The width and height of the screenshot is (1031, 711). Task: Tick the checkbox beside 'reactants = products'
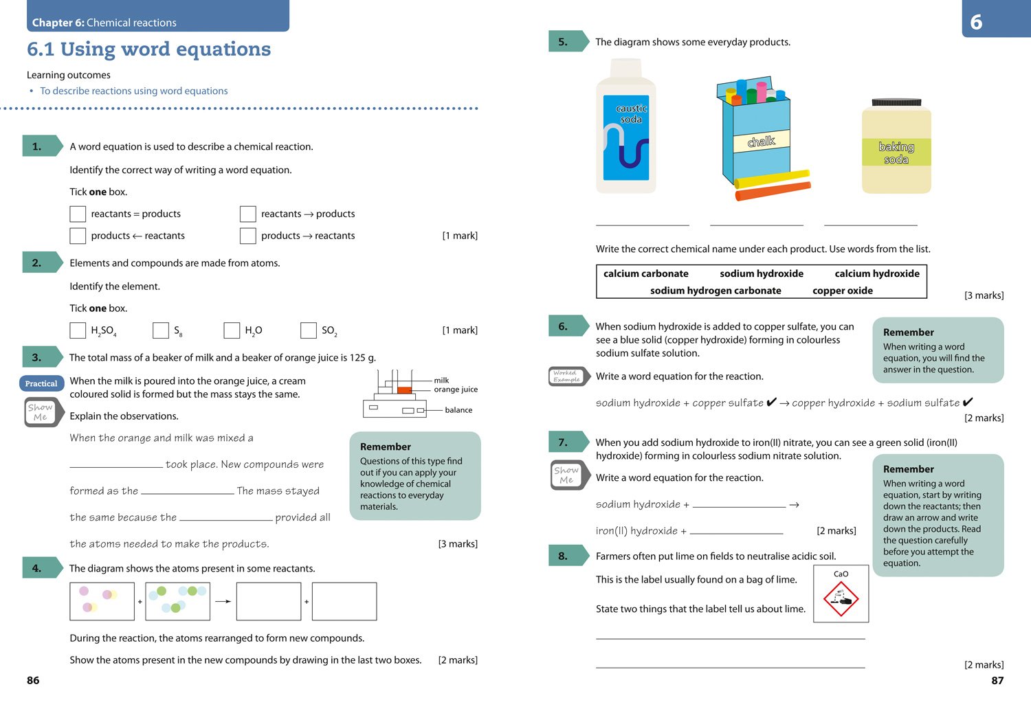(x=78, y=214)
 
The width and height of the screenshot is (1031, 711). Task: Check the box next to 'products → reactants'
(x=248, y=236)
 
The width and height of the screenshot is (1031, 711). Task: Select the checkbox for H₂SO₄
(x=78, y=330)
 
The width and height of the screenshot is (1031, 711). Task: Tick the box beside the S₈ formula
(x=161, y=330)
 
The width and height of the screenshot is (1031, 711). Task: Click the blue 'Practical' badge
(x=41, y=383)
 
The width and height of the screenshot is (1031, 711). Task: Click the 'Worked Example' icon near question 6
(x=567, y=376)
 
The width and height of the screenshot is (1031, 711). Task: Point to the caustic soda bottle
(x=626, y=127)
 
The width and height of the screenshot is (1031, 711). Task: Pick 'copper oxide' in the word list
(x=842, y=291)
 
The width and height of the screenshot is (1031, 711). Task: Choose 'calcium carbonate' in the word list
(x=645, y=273)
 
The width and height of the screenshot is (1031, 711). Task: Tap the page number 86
(x=33, y=680)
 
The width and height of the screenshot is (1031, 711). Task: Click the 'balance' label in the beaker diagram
(x=458, y=410)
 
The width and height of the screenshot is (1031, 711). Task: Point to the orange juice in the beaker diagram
(x=404, y=390)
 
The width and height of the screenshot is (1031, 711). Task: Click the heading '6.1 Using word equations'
(x=149, y=49)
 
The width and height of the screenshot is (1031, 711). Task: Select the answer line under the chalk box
(x=756, y=225)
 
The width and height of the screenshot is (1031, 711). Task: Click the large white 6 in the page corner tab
(x=976, y=22)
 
